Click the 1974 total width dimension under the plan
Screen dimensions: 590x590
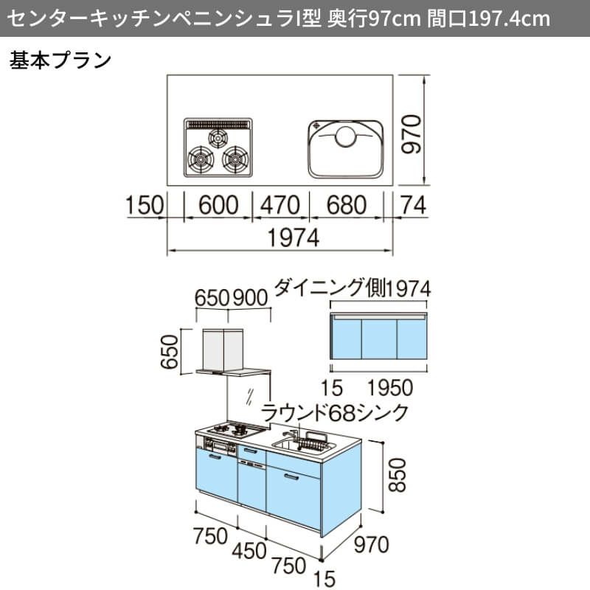pyautogui.click(x=293, y=237)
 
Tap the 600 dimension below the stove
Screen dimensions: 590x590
pyautogui.click(x=218, y=205)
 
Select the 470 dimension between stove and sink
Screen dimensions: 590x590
pyautogui.click(x=280, y=205)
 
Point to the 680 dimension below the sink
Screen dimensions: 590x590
pyautogui.click(x=346, y=205)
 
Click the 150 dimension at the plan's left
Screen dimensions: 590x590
pyautogui.click(x=145, y=205)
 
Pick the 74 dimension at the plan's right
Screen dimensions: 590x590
pyautogui.click(x=414, y=205)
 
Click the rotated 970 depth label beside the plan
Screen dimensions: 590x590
pyautogui.click(x=412, y=134)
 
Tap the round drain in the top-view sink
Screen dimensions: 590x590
pyautogui.click(x=345, y=136)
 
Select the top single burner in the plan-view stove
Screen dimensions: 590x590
pyautogui.click(x=218, y=139)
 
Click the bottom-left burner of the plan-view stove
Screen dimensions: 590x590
pyautogui.click(x=201, y=159)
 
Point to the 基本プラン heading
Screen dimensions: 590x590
pyautogui.click(x=60, y=60)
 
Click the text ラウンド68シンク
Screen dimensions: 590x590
pyautogui.click(x=335, y=412)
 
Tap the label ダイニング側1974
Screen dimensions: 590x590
pyautogui.click(x=353, y=288)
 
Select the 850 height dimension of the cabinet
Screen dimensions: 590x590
pyautogui.click(x=398, y=475)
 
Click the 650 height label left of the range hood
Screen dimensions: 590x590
pyautogui.click(x=170, y=352)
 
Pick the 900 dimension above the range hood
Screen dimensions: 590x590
pyautogui.click(x=250, y=298)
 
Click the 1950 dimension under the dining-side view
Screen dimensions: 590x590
pyautogui.click(x=390, y=388)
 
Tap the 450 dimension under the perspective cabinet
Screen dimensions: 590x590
pyautogui.click(x=249, y=551)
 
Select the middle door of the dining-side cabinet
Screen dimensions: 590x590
pyautogui.click(x=379, y=339)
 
